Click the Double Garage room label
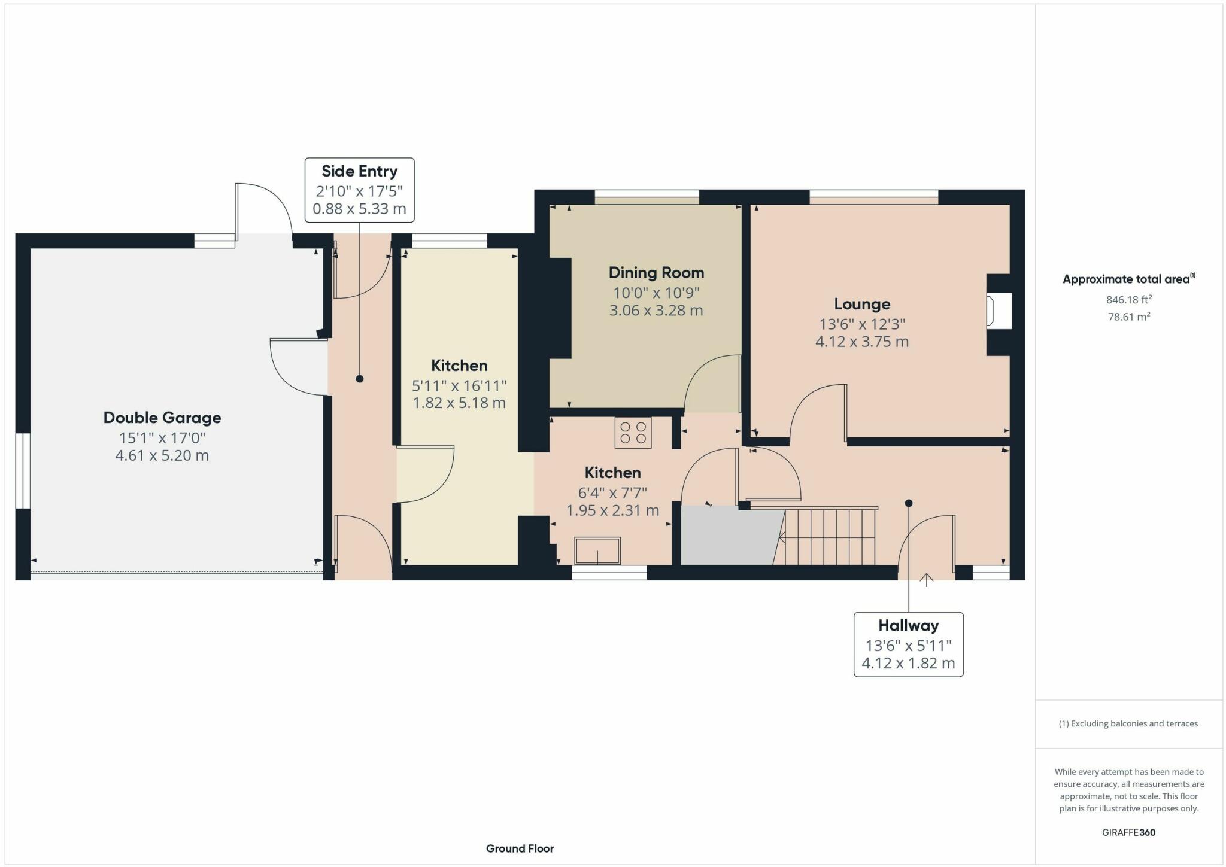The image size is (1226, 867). [x=162, y=418]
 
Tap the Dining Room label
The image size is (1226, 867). [x=656, y=273]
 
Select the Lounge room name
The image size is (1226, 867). [x=862, y=305]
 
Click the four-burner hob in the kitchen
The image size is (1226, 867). [x=633, y=433]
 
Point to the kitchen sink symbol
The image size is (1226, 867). [x=597, y=550]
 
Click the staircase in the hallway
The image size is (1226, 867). [x=826, y=536]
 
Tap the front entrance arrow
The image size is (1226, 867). [x=927, y=580]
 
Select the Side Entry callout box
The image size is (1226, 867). [x=359, y=190]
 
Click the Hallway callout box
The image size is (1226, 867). [x=908, y=644]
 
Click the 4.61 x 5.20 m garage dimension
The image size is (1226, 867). [x=162, y=455]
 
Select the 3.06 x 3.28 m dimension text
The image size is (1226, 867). [x=656, y=311]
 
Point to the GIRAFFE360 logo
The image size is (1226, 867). [x=1129, y=832]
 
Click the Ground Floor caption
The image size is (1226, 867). [x=520, y=848]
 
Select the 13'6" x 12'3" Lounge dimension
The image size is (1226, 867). [x=862, y=324]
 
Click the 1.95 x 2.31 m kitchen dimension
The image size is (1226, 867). [x=612, y=510]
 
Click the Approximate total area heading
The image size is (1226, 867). [x=1129, y=279]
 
